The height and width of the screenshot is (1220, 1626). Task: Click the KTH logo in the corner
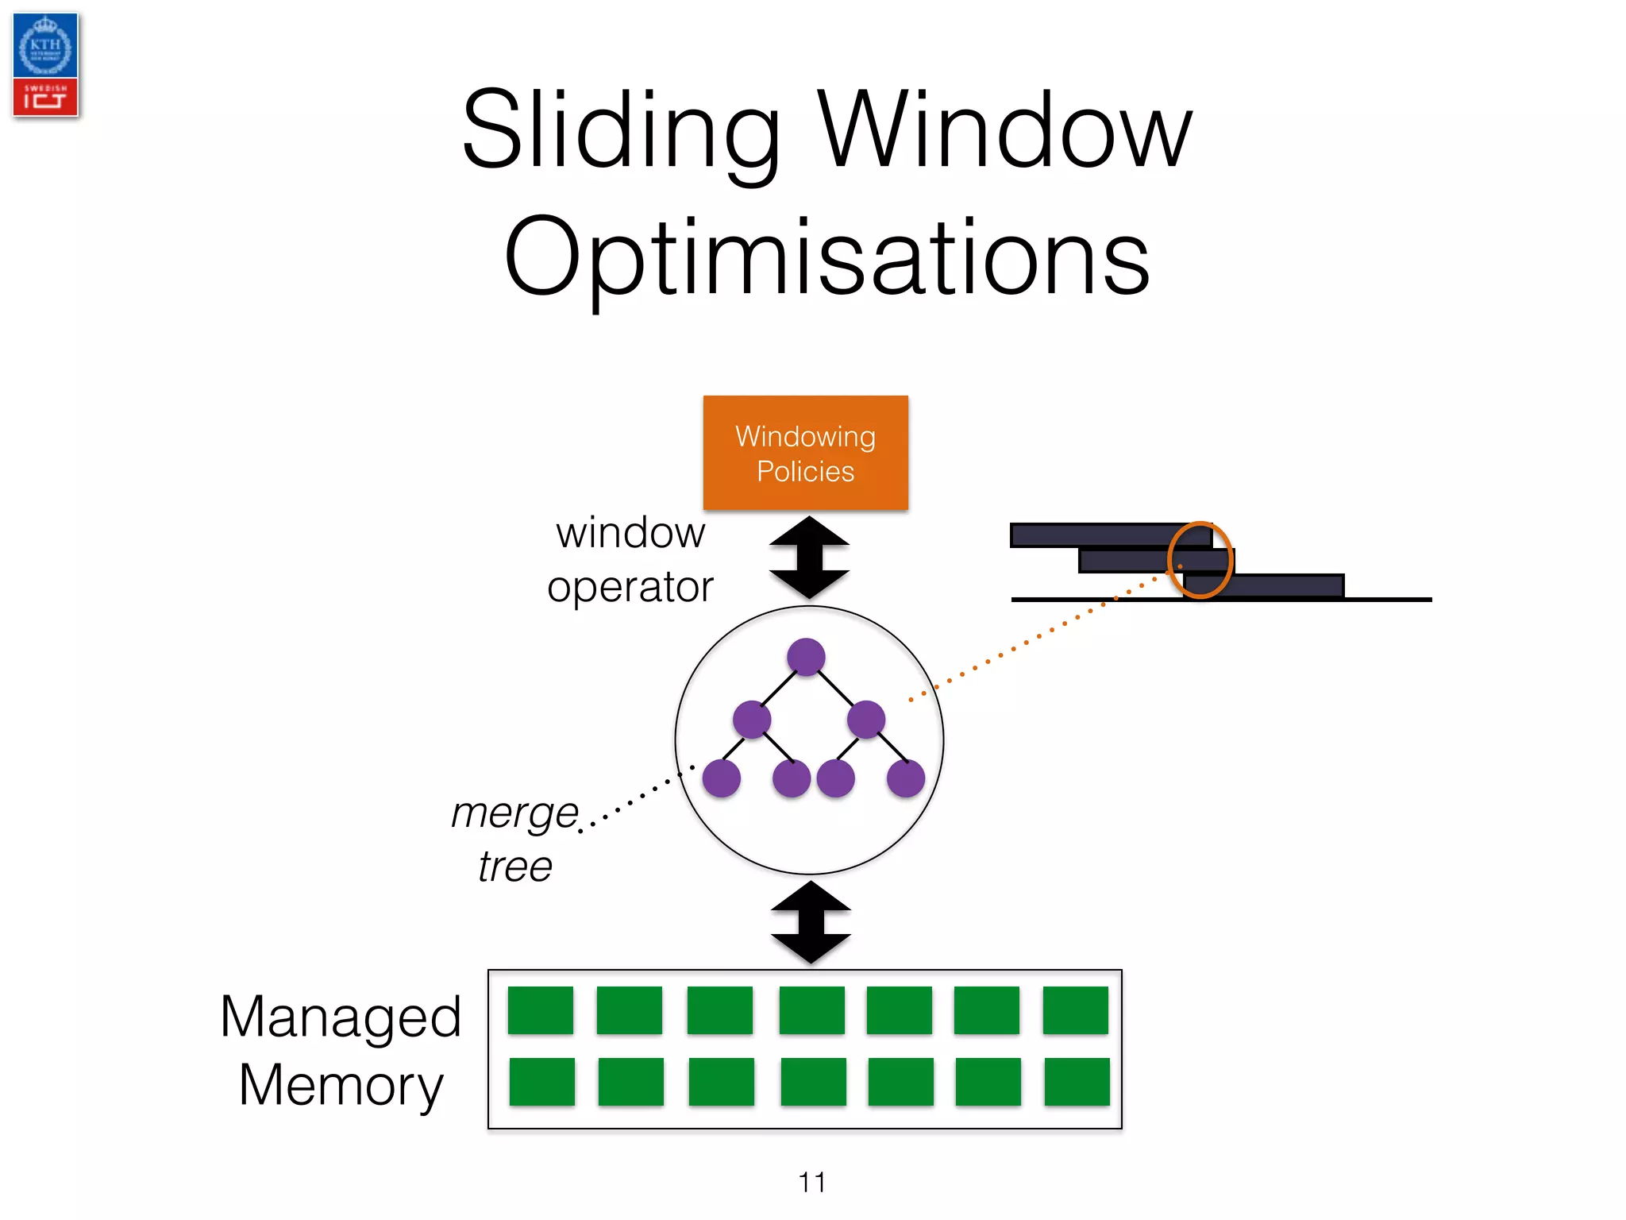45,46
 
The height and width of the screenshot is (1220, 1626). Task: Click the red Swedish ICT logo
45,97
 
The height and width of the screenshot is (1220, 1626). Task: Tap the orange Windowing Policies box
805,453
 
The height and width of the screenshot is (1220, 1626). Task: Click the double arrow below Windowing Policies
809,558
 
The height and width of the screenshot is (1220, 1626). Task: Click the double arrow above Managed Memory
811,922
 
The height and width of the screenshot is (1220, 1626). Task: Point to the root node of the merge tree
806,657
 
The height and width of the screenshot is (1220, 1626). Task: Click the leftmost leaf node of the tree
722,778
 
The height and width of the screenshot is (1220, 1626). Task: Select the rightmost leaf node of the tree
905,778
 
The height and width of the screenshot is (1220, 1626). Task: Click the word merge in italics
514,813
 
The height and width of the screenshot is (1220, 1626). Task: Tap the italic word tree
514,866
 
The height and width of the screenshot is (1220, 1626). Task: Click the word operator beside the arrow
630,588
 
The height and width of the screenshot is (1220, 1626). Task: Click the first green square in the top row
540,1010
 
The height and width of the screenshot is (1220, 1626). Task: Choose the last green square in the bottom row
1077,1082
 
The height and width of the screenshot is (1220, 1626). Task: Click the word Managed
341,1017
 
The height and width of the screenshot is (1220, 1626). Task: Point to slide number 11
811,1183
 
